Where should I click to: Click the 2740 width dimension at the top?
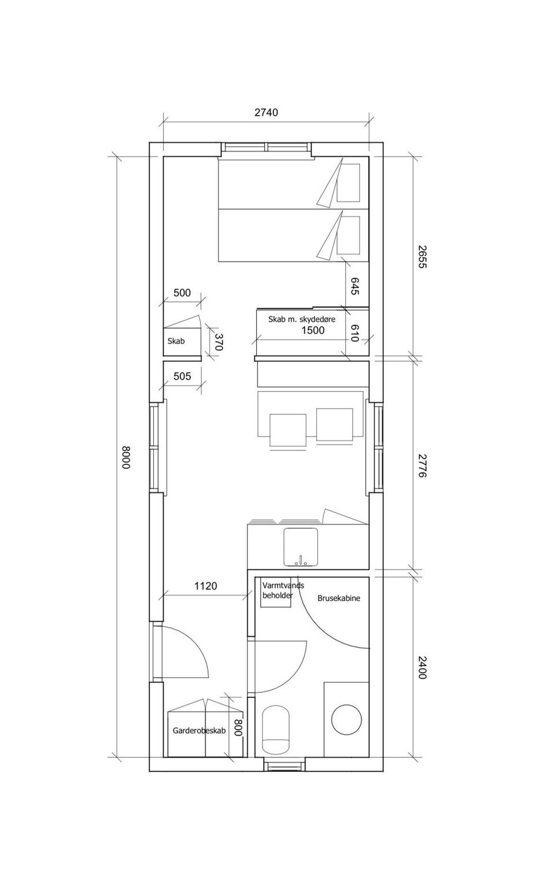coord(266,113)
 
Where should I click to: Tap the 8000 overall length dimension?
coord(125,457)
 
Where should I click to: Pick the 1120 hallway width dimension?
coord(205,586)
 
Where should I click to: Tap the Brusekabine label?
coord(339,598)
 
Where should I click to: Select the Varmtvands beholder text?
coord(283,590)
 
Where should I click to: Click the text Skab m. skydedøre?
coord(302,319)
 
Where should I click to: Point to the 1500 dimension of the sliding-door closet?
coord(313,331)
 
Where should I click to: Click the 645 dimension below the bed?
coord(354,286)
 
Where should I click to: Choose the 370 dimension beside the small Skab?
coord(219,342)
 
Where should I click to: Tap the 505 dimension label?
coord(183,376)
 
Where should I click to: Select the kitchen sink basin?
coord(301,547)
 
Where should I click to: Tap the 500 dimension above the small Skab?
coord(182,293)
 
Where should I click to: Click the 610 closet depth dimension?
coord(354,333)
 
